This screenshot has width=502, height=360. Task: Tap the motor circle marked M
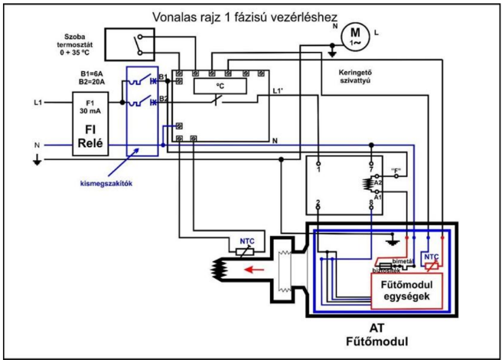point(354,34)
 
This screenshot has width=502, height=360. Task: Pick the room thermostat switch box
point(135,44)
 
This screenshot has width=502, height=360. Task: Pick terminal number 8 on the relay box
point(371,201)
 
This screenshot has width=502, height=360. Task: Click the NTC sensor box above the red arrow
point(246,244)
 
